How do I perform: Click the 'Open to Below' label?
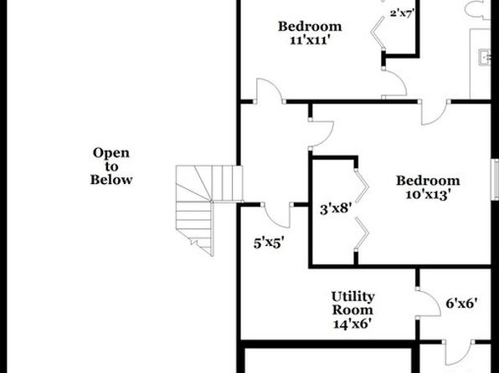[x=111, y=166]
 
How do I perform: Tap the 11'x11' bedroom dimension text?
[x=309, y=40]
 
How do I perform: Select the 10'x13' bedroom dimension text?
[x=428, y=194]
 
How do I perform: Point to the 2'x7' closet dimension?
[x=402, y=13]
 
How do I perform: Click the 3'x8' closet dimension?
[x=336, y=209]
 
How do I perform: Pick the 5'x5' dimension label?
[x=269, y=243]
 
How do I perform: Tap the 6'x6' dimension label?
[x=462, y=304]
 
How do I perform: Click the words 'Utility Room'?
[x=353, y=303]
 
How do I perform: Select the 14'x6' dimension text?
[x=352, y=324]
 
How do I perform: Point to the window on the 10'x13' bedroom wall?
[x=495, y=180]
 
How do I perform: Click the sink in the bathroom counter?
[x=485, y=57]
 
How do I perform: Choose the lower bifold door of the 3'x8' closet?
[x=363, y=233]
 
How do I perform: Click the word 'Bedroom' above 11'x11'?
[x=310, y=27]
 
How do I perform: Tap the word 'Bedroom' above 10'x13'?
[x=428, y=181]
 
